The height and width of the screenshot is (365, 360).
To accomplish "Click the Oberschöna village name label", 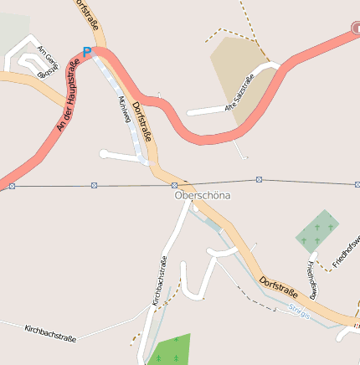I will click(202, 195).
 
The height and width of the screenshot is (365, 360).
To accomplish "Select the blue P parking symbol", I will click(86, 52).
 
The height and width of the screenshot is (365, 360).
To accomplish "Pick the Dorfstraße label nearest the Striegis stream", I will click(278, 287).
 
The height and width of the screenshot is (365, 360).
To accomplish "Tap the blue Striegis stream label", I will click(299, 310).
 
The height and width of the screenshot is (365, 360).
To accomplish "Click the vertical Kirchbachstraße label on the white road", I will click(158, 280).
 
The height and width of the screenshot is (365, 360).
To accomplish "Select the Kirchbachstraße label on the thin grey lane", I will click(50, 332).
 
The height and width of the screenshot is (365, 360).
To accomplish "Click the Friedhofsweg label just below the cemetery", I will click(312, 279).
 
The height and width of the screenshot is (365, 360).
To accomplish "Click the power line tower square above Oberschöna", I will click(175, 184).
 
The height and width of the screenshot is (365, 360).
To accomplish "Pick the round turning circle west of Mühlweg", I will click(104, 153).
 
